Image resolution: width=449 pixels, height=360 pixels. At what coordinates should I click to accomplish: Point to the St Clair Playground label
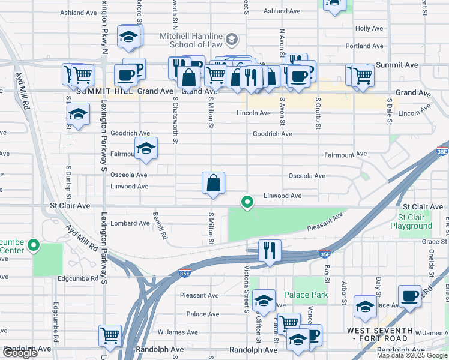click(x=411, y=221)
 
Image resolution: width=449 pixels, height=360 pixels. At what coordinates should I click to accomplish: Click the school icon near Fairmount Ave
click(x=145, y=150)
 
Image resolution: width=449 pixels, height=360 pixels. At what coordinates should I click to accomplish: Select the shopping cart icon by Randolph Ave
click(x=110, y=336)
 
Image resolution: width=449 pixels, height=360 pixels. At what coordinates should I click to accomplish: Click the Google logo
click(x=19, y=353)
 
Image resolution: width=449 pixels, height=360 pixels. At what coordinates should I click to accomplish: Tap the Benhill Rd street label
click(x=159, y=225)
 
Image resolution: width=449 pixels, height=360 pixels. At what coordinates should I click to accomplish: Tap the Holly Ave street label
click(x=369, y=28)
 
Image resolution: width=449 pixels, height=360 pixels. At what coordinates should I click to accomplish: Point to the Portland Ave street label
click(x=364, y=46)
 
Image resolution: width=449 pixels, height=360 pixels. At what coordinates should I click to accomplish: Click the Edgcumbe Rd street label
click(x=78, y=278)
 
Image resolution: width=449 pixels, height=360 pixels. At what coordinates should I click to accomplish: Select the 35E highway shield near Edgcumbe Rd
click(x=185, y=273)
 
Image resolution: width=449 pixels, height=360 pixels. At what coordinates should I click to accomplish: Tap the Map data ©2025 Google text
click(x=412, y=355)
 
